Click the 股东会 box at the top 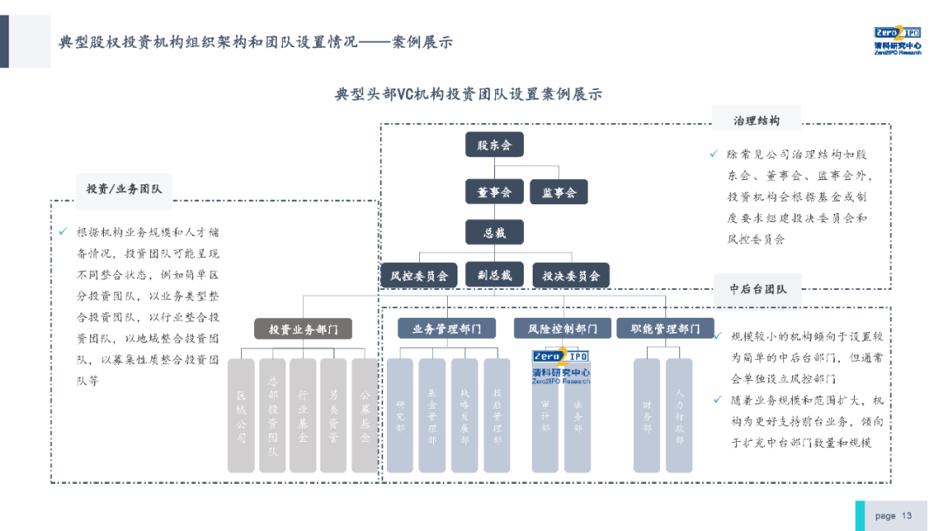(x=494, y=145)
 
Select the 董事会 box (x=494, y=192)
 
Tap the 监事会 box (x=559, y=192)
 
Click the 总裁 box (x=494, y=232)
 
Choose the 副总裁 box (x=494, y=275)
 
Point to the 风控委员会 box (x=419, y=276)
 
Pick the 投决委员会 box (x=571, y=276)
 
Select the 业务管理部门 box (x=446, y=329)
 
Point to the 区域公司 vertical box (x=241, y=416)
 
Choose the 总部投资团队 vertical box (x=272, y=416)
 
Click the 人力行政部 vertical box (x=678, y=416)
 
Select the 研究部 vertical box (x=400, y=416)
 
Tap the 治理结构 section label (x=756, y=121)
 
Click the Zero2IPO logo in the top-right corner (x=897, y=40)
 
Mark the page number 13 (x=906, y=515)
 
